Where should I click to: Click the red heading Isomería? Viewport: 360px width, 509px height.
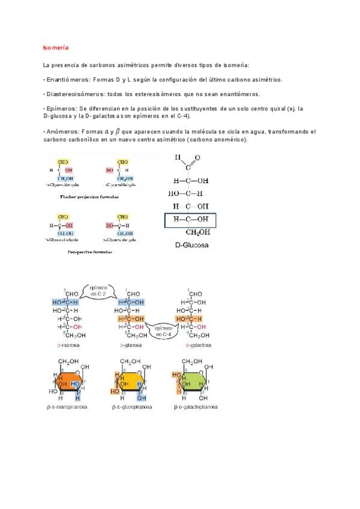click(56, 47)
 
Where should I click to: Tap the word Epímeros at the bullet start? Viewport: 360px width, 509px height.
click(60, 109)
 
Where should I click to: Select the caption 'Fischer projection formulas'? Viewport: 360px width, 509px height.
click(89, 196)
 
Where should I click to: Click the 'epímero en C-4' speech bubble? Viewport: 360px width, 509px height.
click(163, 331)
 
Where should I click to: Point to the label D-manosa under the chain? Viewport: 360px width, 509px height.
click(70, 346)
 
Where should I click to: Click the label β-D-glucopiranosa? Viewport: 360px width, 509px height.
click(131, 408)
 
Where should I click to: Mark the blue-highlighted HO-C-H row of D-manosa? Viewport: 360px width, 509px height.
click(67, 302)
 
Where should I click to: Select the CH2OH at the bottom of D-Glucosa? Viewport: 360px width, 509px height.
click(197, 233)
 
